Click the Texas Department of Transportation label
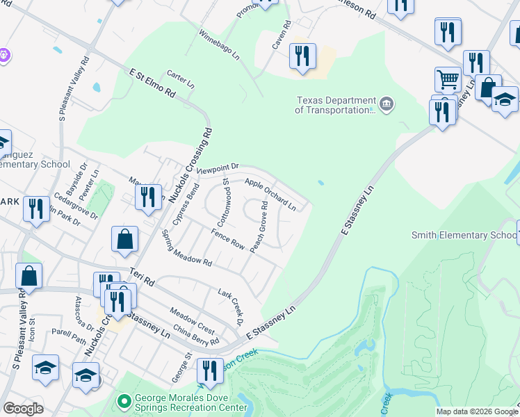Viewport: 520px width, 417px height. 336,106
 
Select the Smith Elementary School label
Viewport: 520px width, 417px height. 464,235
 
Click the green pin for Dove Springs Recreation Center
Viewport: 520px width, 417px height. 124,401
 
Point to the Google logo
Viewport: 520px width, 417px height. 23,409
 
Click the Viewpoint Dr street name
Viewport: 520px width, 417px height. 218,167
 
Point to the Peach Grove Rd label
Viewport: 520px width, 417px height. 259,227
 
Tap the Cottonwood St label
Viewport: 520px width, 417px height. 224,202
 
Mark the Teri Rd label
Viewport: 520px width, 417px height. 140,275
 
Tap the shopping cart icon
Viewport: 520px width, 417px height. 448,80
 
